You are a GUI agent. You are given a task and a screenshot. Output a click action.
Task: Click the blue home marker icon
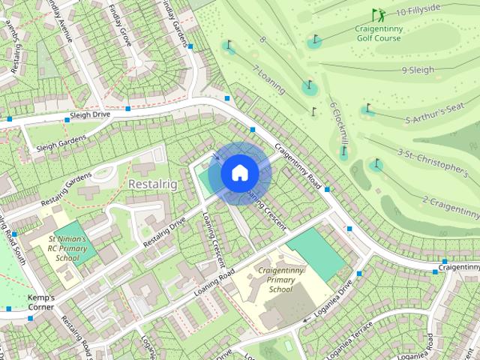[239, 173]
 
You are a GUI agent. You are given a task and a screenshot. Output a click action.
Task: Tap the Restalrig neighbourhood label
[153, 184]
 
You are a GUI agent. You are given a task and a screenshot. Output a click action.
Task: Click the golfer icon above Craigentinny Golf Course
[378, 14]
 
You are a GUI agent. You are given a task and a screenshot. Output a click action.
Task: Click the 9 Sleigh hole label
[418, 70]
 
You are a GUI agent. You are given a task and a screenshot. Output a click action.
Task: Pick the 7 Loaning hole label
[269, 79]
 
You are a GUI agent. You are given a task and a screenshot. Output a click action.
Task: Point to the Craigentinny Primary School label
[279, 279]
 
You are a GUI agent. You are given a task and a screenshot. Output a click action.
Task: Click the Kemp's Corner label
[41, 302]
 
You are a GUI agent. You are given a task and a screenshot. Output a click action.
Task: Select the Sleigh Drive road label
[89, 115]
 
